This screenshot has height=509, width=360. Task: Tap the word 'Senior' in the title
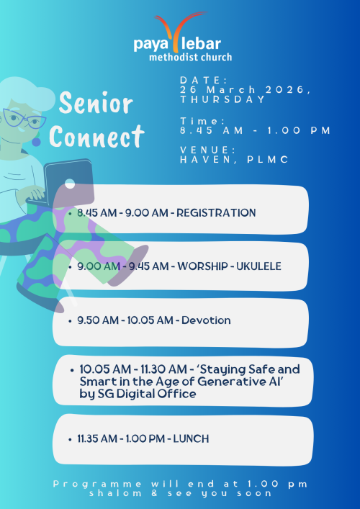point(96,105)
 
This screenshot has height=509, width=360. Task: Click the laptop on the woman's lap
point(68,184)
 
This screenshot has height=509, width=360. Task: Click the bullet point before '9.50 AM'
point(70,320)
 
